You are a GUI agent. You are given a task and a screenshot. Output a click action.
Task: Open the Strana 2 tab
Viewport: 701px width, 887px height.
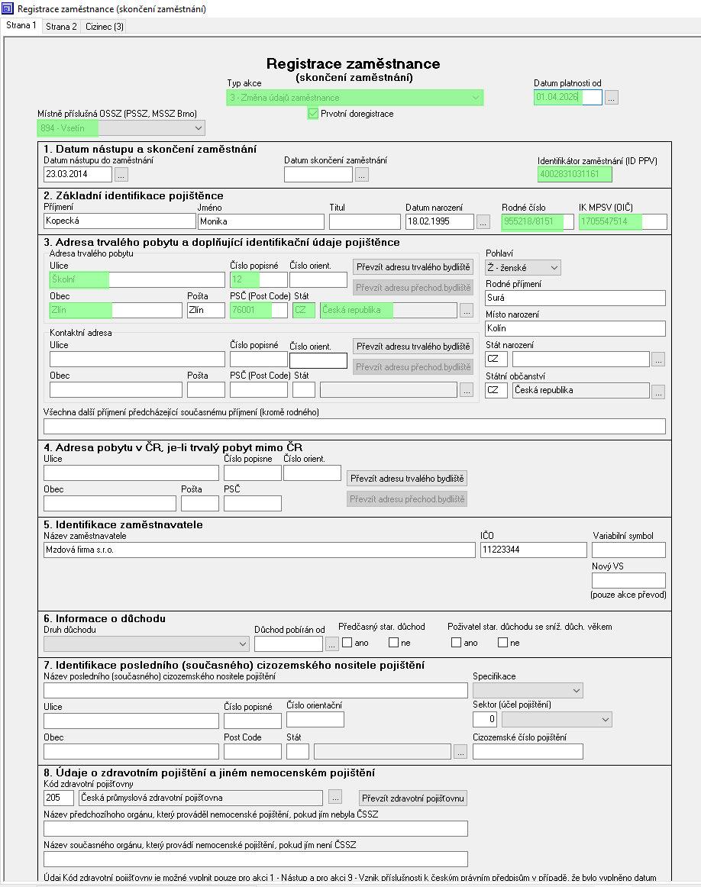point(61,27)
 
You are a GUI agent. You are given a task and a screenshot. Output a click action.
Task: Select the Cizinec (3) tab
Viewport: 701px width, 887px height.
point(105,27)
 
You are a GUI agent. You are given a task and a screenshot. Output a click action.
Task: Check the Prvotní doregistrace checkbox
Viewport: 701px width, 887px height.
point(313,114)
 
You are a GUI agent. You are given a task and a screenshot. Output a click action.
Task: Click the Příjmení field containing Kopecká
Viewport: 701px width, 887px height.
point(120,221)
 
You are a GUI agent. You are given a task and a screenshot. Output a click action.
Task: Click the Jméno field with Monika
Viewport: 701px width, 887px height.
point(260,221)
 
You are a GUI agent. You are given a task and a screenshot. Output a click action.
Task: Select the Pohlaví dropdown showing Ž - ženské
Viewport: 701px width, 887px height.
point(523,268)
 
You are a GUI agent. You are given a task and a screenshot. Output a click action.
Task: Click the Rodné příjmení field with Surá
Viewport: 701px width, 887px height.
point(575,298)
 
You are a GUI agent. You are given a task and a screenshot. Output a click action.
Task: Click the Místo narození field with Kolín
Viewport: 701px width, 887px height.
point(575,328)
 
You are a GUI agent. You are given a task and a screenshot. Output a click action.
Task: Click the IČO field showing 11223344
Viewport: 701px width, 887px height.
point(533,550)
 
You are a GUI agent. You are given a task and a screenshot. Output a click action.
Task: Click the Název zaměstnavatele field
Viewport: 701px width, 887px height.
point(259,550)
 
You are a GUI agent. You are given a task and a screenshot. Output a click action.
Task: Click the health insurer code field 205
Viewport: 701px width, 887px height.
point(59,798)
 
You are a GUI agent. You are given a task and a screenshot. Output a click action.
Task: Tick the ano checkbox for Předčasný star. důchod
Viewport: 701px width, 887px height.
point(347,643)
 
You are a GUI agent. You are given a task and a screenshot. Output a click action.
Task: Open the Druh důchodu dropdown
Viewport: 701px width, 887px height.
point(146,643)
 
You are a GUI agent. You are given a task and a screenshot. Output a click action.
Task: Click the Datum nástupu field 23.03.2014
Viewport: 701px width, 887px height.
point(78,174)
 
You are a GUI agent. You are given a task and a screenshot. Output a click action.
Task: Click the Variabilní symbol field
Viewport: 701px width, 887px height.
point(628,550)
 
